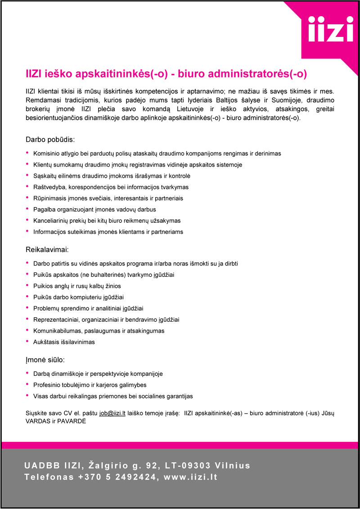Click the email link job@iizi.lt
click(x=112, y=412)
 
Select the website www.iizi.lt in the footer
click(x=191, y=477)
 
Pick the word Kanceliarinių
click(x=52, y=221)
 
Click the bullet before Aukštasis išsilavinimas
click(x=28, y=342)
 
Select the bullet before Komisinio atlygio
click(x=28, y=153)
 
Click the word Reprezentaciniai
click(x=54, y=320)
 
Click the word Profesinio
click(x=47, y=385)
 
